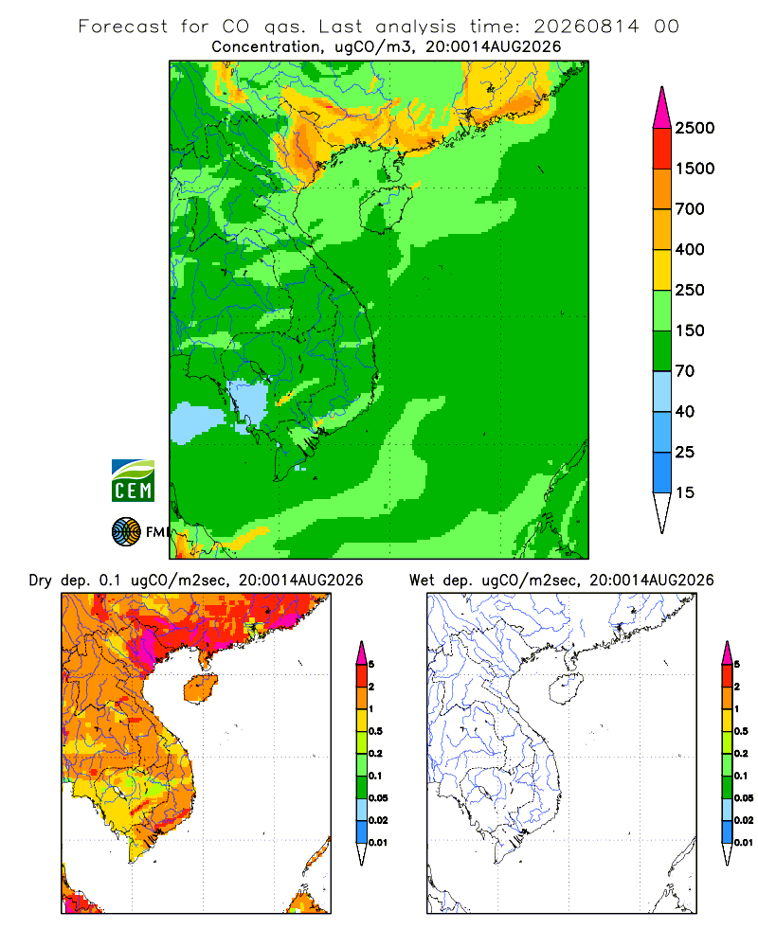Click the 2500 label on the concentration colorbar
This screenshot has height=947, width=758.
tap(695, 128)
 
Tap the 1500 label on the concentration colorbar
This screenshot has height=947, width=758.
tap(695, 169)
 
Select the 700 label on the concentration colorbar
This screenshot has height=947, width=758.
tap(690, 209)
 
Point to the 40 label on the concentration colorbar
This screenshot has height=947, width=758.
tap(684, 411)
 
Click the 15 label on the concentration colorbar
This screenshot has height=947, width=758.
tap(684, 492)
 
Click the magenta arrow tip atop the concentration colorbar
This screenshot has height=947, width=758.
tap(662, 108)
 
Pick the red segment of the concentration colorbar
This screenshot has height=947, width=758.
tap(662, 149)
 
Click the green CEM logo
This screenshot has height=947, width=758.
tap(133, 481)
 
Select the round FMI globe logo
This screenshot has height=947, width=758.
tap(126, 532)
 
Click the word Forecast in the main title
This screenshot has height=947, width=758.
tap(123, 27)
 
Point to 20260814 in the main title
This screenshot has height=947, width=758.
tap(586, 27)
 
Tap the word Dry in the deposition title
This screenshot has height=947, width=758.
tap(41, 581)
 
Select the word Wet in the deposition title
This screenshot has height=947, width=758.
tap(422, 581)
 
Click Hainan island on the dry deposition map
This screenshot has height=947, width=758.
tap(201, 688)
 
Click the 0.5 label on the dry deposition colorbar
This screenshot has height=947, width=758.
tap(375, 731)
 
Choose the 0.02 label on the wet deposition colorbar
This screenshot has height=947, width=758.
tap(744, 820)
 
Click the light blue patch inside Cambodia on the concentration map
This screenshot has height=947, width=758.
tap(248, 402)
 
